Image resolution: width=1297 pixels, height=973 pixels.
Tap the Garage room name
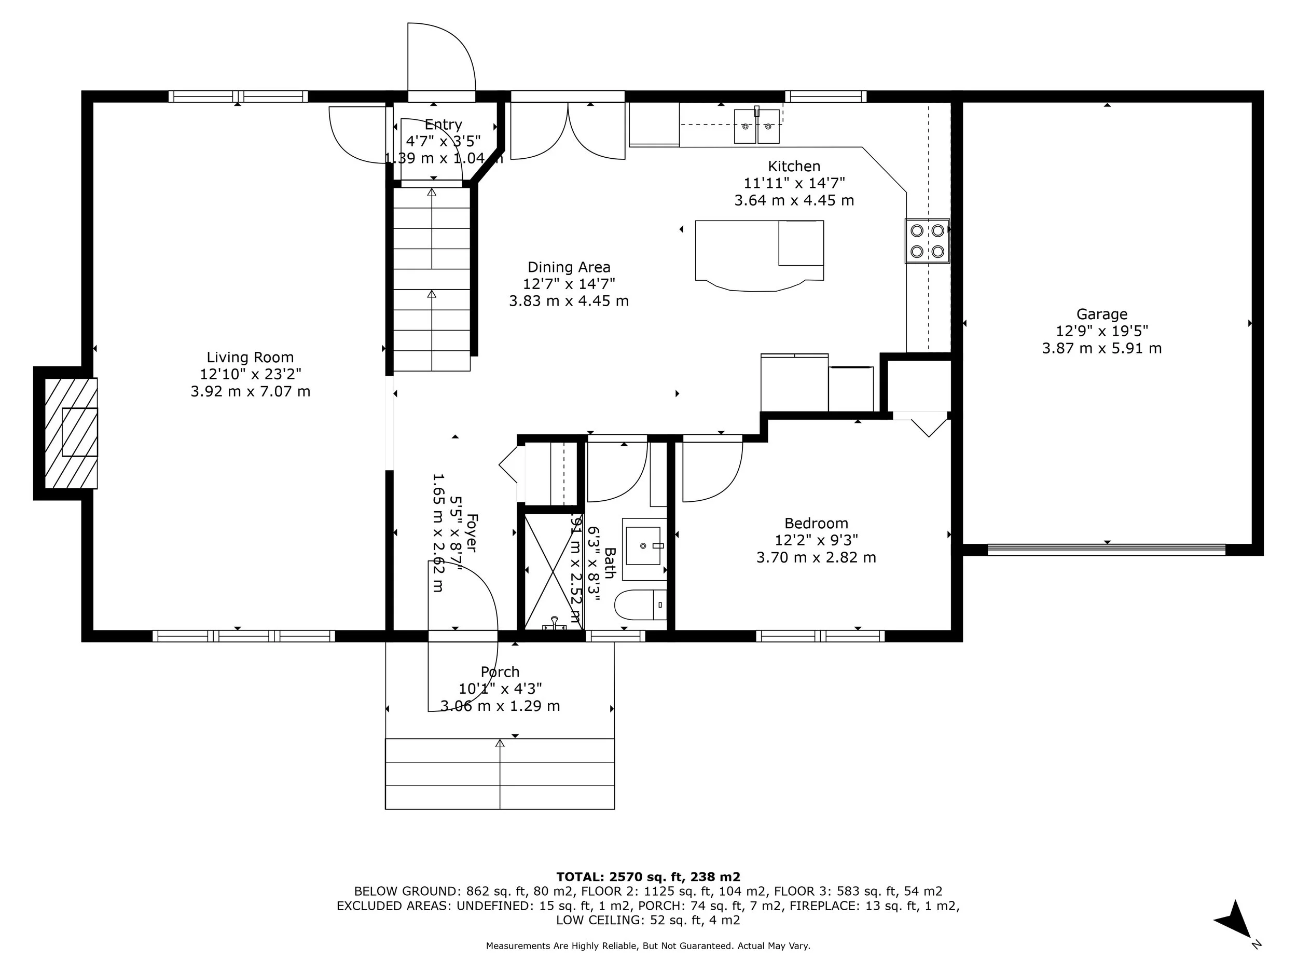pos(1101,314)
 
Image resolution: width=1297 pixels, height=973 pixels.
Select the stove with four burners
pos(927,241)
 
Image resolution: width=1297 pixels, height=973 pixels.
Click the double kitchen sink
pos(756,126)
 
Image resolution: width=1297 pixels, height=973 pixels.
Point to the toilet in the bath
pos(639,605)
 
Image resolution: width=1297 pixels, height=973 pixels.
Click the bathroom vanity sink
pos(644,545)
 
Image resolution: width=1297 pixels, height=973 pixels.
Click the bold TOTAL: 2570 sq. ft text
pos(648,877)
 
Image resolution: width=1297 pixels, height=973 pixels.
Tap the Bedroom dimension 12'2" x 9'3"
pos(816,540)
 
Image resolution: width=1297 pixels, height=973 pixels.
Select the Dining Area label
pos(569,267)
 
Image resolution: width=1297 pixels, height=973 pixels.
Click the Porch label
pos(500,671)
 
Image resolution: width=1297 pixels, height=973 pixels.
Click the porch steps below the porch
pos(500,774)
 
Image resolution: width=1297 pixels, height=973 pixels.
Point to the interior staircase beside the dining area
pos(432,279)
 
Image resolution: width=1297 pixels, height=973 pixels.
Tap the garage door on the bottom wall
pos(1107,550)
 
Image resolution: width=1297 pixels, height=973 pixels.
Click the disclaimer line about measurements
pos(648,946)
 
